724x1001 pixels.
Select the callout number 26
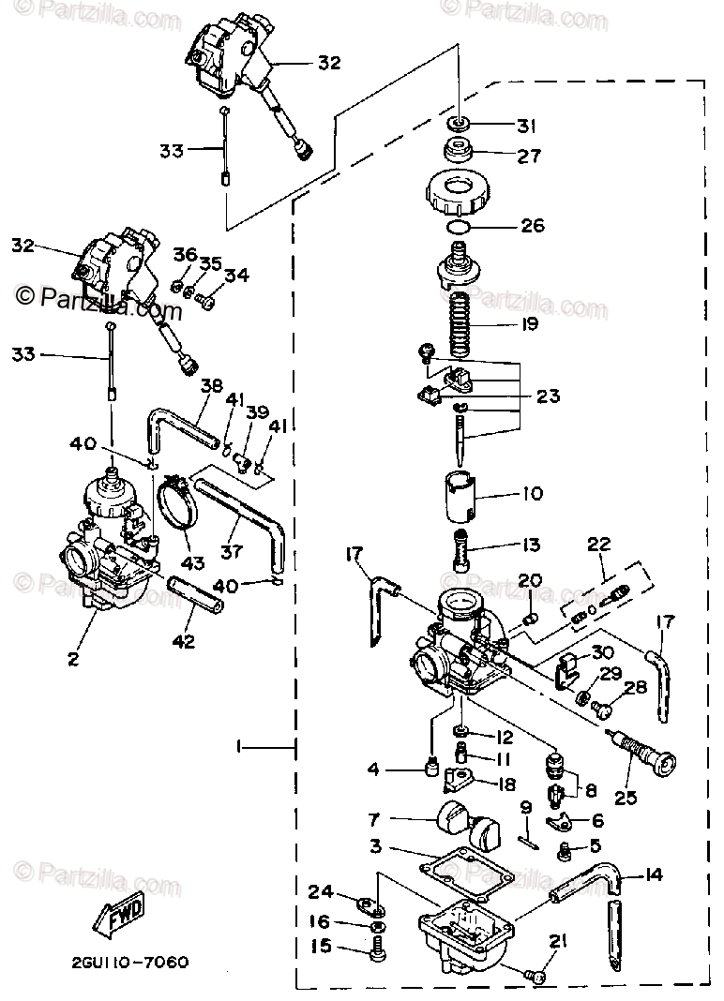point(532,225)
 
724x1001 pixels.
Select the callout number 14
point(655,875)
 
